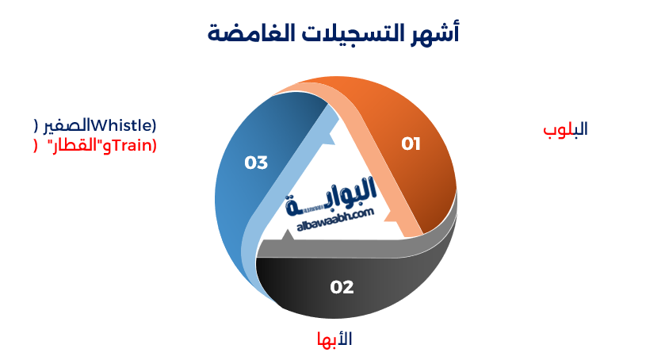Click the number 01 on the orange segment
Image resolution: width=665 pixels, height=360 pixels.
point(411,144)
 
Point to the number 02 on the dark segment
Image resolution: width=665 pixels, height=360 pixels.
point(342,287)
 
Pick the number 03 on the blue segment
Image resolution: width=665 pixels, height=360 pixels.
point(256,163)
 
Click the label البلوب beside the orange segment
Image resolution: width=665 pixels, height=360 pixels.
point(565,128)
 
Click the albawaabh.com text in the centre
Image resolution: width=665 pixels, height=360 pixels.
point(335,221)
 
